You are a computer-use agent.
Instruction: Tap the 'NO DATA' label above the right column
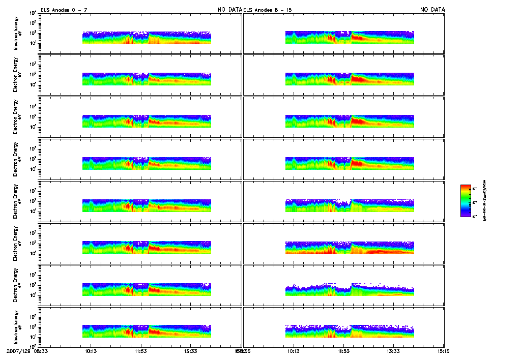[x=432, y=10]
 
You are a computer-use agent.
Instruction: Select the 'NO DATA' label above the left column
[x=229, y=10]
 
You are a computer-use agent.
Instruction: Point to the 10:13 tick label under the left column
[x=91, y=351]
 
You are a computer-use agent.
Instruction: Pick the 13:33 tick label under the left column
[x=191, y=351]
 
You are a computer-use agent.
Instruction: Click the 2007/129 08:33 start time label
[x=27, y=351]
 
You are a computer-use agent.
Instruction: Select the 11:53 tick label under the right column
[x=343, y=351]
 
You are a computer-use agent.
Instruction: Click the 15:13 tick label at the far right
[x=444, y=351]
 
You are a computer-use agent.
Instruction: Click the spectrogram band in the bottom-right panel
[x=350, y=331]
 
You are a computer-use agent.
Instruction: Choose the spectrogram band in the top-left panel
[x=147, y=38]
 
